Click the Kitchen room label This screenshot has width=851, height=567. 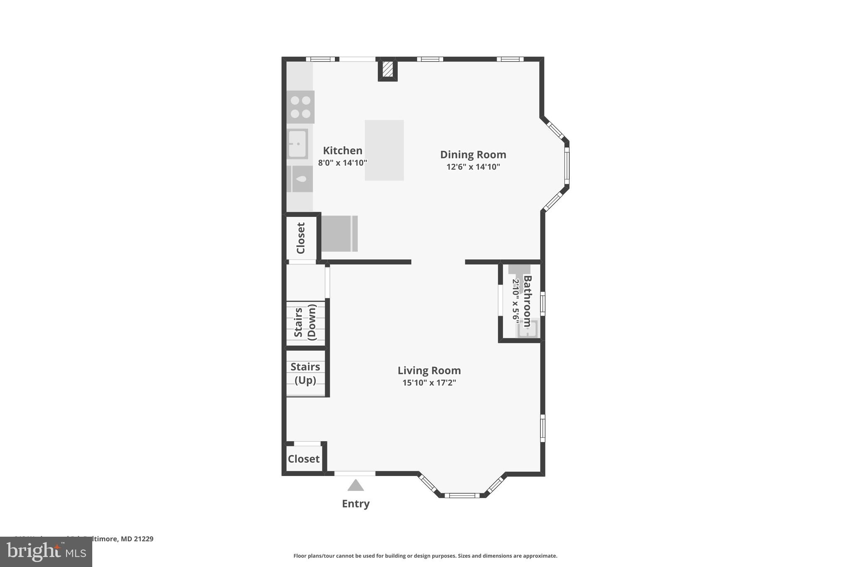click(x=342, y=150)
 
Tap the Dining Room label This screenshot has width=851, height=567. click(x=473, y=155)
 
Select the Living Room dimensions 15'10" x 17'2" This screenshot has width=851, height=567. click(x=429, y=383)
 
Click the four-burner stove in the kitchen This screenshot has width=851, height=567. click(x=300, y=107)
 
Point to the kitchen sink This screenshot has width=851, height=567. click(x=298, y=144)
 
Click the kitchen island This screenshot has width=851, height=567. click(x=384, y=150)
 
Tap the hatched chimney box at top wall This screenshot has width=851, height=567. click(x=387, y=69)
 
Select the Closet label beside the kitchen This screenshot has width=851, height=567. click(x=301, y=238)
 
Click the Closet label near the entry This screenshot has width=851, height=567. click(x=304, y=459)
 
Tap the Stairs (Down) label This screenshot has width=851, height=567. click(x=305, y=322)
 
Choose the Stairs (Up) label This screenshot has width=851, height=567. click(x=305, y=373)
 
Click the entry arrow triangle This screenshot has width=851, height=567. click(x=355, y=485)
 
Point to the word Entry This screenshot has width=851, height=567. click(x=356, y=503)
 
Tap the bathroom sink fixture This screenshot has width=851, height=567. click(x=527, y=329)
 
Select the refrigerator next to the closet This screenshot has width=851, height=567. click(x=339, y=233)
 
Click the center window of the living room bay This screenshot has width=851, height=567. click(x=462, y=495)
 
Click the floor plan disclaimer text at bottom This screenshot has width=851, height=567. click(x=425, y=556)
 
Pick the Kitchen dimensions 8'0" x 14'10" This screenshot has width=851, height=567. click(x=342, y=163)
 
